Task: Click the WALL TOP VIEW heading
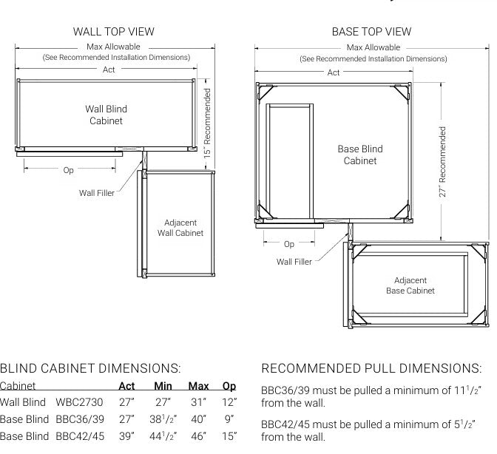coord(113,32)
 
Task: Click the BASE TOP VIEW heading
coord(371,32)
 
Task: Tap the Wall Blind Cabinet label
coord(106,115)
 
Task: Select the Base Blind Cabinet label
coord(360,155)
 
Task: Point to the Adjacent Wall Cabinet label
coord(180,228)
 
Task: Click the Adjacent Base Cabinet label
coord(410,285)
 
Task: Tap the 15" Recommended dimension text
coord(208,123)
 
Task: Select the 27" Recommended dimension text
coord(443,162)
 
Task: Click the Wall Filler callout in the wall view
coord(97,193)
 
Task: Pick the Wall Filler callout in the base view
coord(294,262)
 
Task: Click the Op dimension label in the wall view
coord(68,170)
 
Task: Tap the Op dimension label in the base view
coord(288,244)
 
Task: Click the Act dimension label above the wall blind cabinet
coord(109,70)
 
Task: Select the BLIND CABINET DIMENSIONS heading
coord(90,368)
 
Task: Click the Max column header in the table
coord(198,386)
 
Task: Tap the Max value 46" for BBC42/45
coord(198,437)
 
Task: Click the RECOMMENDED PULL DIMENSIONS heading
coord(371,368)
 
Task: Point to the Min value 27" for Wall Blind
coord(163,403)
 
